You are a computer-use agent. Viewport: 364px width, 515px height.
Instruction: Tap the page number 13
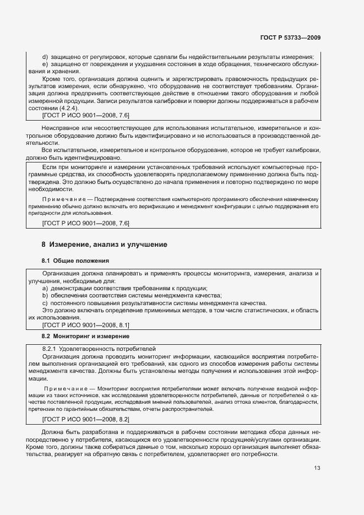(317, 484)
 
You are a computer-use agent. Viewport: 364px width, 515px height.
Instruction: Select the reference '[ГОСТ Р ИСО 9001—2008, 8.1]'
(85, 325)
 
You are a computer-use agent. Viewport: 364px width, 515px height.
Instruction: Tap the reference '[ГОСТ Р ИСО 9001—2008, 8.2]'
(85, 419)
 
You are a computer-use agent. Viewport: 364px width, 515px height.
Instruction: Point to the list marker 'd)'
(45, 57)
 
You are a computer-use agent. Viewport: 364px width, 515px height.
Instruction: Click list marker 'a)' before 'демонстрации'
(45, 288)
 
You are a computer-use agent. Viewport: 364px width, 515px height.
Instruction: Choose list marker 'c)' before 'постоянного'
(45, 303)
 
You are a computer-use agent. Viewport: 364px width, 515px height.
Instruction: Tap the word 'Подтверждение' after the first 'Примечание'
(115, 199)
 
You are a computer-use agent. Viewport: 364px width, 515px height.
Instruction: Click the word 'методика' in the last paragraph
(239, 433)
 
